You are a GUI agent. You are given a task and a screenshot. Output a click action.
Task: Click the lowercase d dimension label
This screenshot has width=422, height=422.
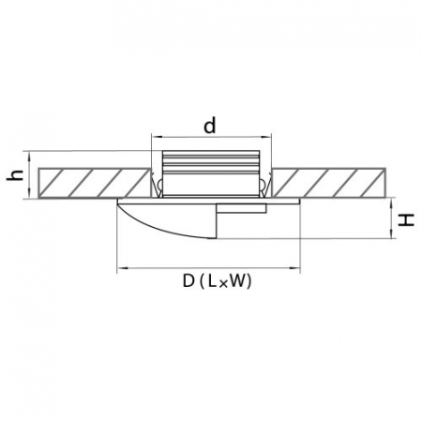[211, 125]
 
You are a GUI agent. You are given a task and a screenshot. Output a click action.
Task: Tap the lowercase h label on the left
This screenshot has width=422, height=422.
[15, 176]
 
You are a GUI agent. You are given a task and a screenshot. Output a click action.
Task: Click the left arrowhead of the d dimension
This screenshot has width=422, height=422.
[156, 139]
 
